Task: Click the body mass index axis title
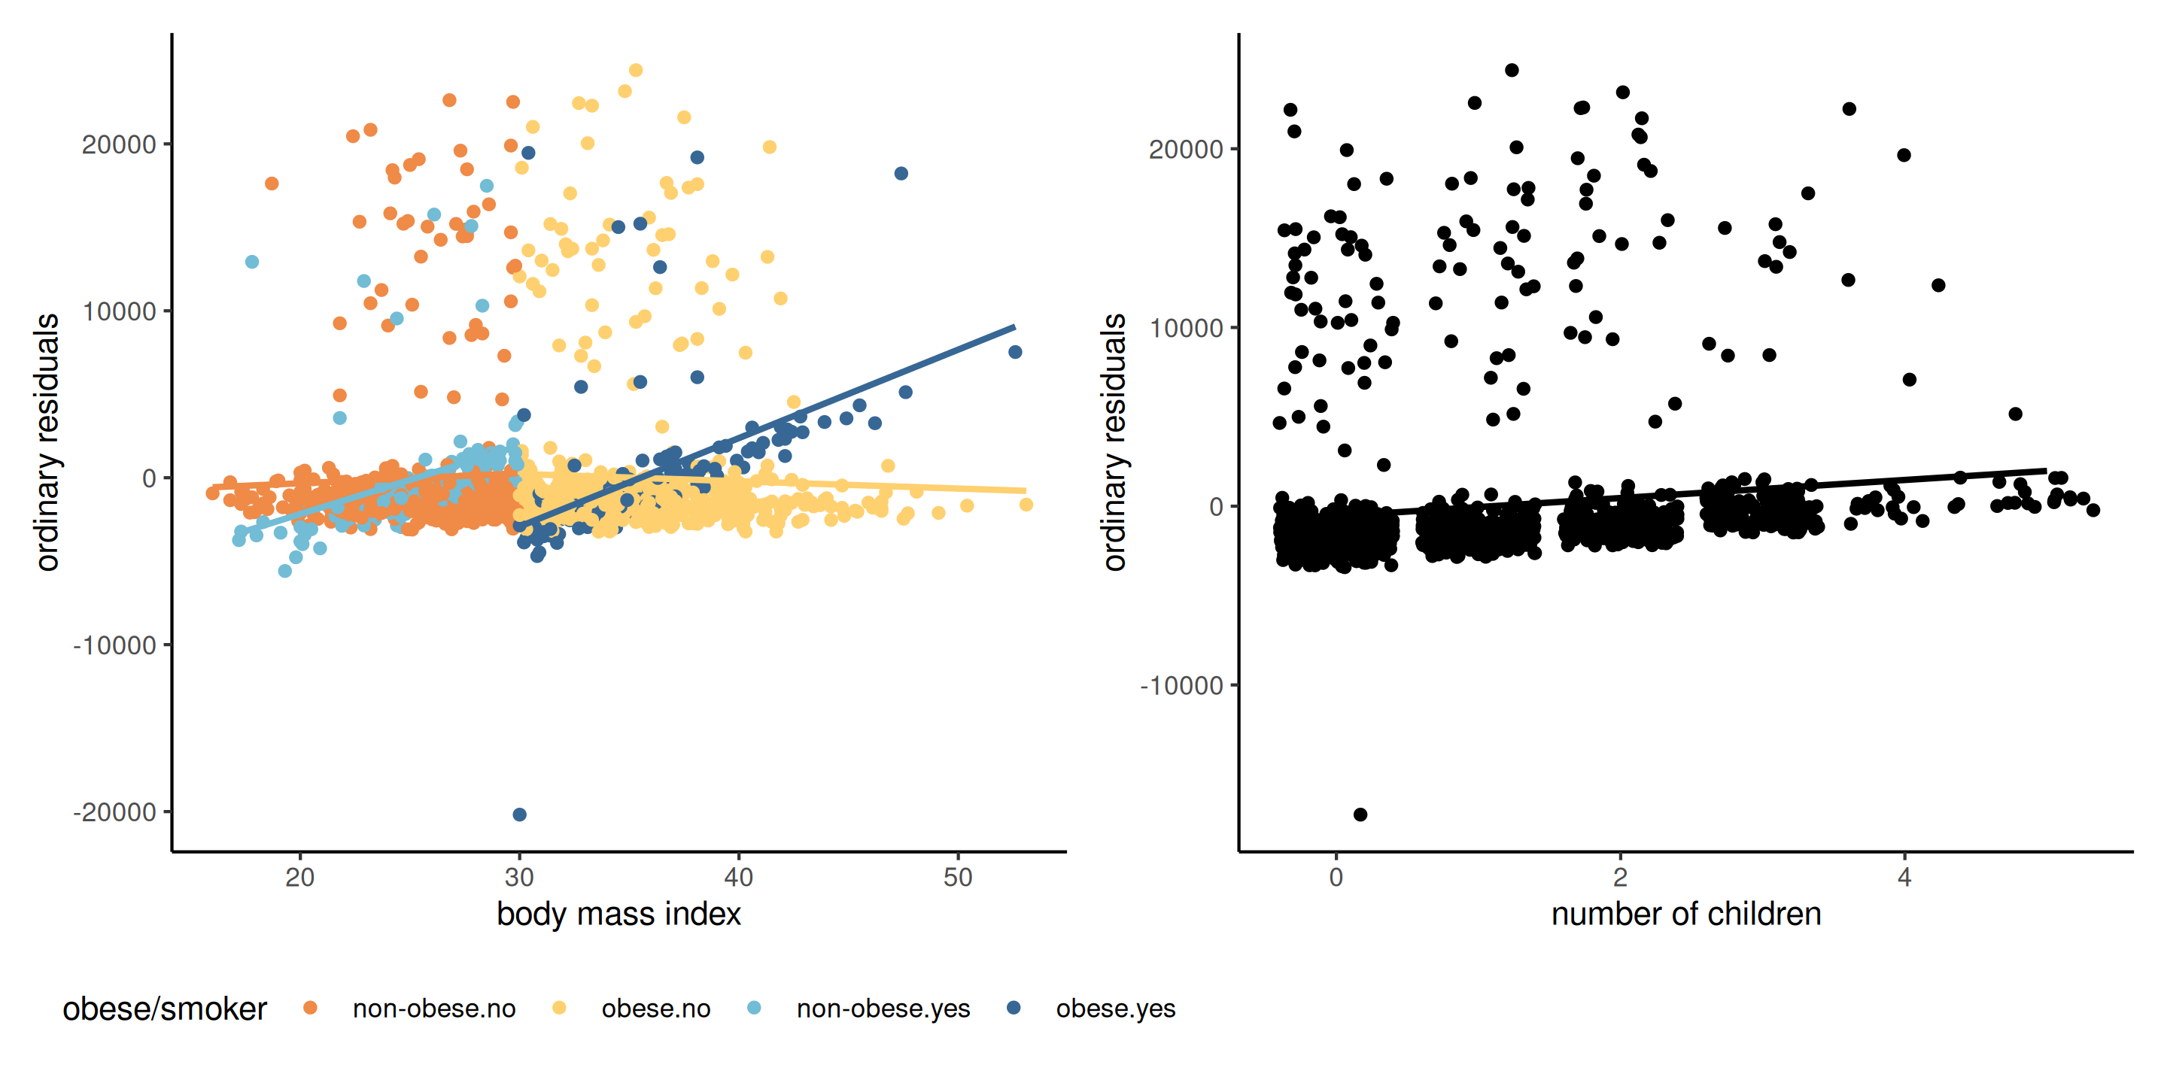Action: coord(618,914)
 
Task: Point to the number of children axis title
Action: coord(1685,914)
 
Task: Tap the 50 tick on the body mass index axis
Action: coord(958,878)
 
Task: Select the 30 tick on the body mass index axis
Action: coord(519,878)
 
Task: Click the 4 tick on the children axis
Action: coord(1904,878)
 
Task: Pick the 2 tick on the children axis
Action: coord(1620,878)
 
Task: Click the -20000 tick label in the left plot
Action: coord(115,812)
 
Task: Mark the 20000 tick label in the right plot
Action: coord(1185,150)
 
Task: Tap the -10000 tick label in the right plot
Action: coord(1181,686)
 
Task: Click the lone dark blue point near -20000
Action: coord(520,815)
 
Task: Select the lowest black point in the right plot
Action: coord(1360,815)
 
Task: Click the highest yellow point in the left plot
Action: coord(636,71)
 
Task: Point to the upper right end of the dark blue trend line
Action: coord(1014,326)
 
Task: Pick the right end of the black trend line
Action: coord(2046,471)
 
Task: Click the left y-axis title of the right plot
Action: coord(1114,442)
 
